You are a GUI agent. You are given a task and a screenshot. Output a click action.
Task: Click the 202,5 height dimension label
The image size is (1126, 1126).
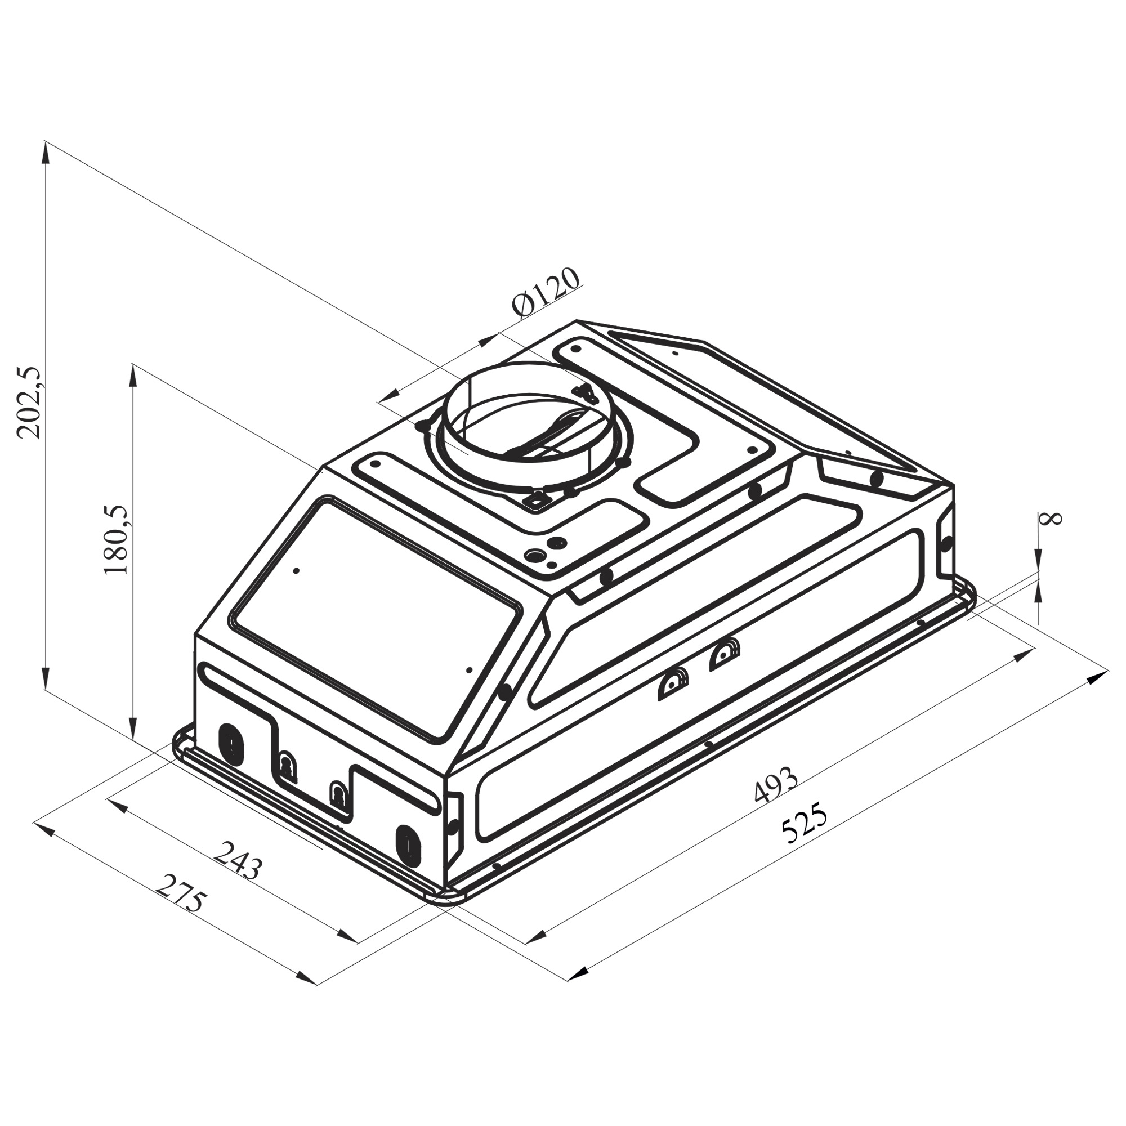tap(29, 402)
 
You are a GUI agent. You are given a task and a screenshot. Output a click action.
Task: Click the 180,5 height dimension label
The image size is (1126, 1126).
tap(115, 539)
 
